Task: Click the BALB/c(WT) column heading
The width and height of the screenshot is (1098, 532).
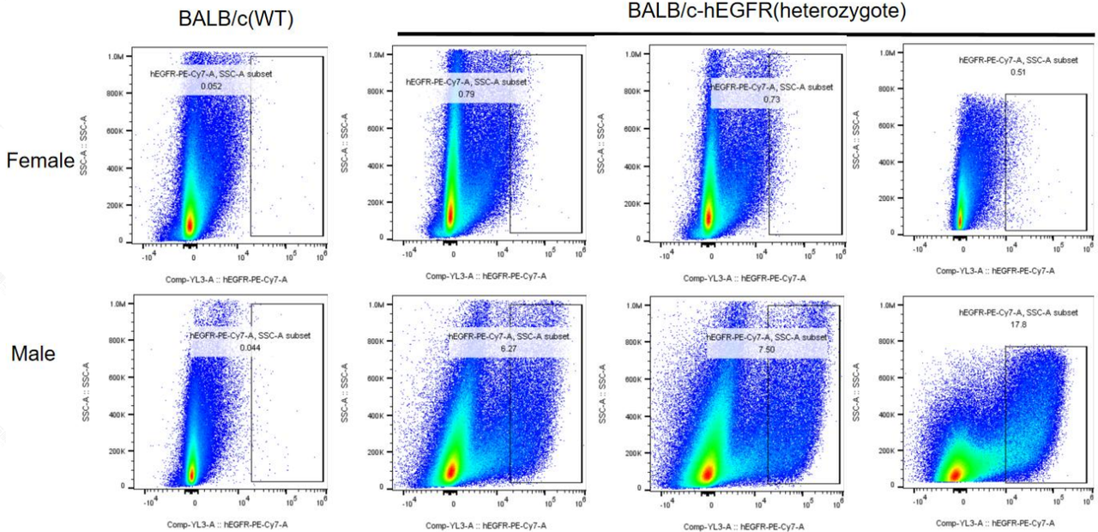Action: coord(236,19)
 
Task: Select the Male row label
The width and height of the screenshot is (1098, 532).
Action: coord(32,353)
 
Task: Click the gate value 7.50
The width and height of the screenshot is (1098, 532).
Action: coord(766,349)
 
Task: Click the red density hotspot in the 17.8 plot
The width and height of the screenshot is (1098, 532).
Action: coord(954,474)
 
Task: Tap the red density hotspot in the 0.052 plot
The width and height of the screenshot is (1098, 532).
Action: coord(190,225)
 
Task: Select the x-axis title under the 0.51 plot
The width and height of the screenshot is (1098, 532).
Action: coord(995,270)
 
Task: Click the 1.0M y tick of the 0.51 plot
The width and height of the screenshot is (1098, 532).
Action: coord(888,53)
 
